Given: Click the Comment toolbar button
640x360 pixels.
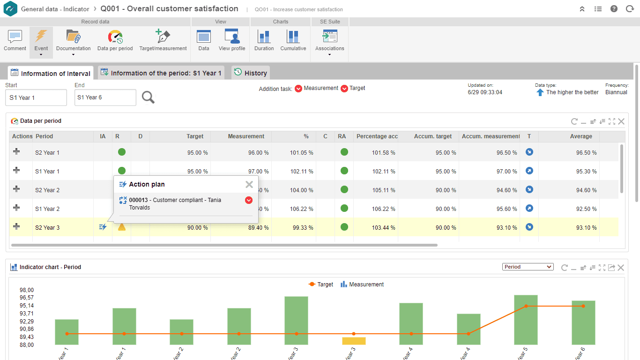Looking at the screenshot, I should pos(15,40).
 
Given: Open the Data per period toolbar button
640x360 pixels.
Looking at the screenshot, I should pos(115,40).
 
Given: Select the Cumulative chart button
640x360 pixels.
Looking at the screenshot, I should pos(293,40).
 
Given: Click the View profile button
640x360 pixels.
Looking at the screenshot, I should pos(232,40).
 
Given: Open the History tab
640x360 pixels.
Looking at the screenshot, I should pos(251,73).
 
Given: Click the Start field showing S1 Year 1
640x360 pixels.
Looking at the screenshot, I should pos(36,97).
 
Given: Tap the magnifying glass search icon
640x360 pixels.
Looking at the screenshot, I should pos(148,97).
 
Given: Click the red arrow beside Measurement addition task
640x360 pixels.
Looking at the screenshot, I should pos(298,89).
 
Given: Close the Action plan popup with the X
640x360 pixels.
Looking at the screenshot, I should pos(249,185).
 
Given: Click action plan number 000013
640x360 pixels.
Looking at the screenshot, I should pos(138,200).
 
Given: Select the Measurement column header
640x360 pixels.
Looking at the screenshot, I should pos(246,136).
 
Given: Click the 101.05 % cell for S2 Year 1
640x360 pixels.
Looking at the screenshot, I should pos(301,153).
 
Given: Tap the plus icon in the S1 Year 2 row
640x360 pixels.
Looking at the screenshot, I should pos(16,208).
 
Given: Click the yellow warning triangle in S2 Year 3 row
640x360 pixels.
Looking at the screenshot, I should pos(122,227).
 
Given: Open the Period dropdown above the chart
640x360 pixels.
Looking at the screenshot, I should pos(528,267).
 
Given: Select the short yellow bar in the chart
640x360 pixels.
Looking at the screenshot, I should pos(354,341).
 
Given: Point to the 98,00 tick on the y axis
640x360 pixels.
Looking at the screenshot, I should pos(26,290).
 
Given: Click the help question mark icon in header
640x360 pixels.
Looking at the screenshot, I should pos(614,9).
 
